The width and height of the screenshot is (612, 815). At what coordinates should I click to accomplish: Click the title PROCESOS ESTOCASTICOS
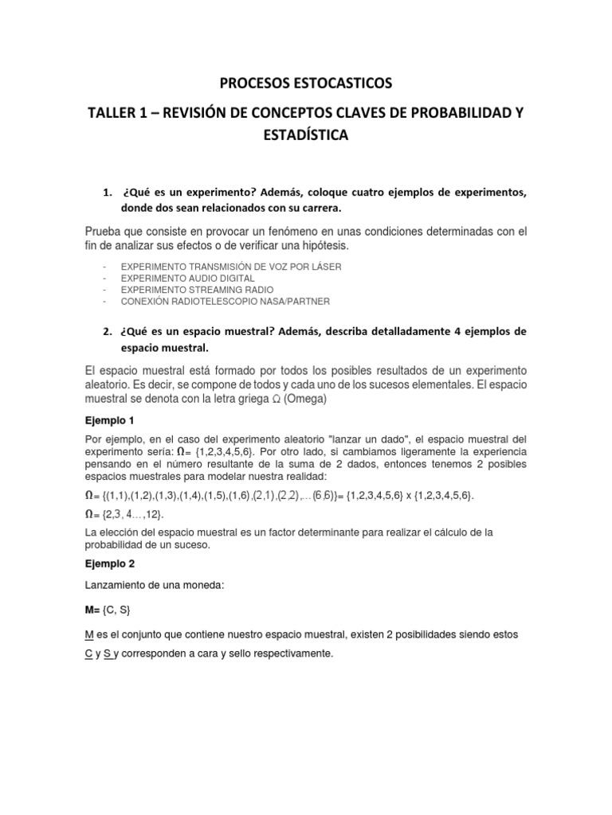click(x=305, y=83)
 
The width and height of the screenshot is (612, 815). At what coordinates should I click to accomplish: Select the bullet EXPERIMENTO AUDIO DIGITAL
click(x=187, y=279)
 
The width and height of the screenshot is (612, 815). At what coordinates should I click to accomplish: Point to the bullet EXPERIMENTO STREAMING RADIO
click(x=195, y=291)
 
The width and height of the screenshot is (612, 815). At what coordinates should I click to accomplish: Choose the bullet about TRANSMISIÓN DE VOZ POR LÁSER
click(x=230, y=267)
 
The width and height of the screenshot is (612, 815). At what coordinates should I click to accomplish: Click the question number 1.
click(x=108, y=193)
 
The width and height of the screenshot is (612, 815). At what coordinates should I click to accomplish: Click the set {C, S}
click(x=115, y=610)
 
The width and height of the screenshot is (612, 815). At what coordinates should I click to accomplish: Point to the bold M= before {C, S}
click(x=93, y=610)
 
